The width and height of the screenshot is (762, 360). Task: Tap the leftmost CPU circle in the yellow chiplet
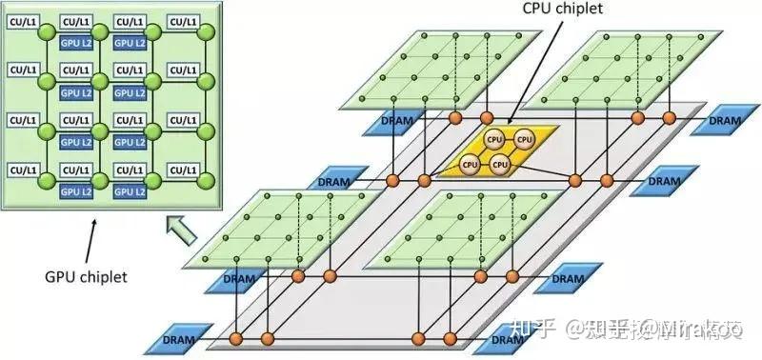point(469,164)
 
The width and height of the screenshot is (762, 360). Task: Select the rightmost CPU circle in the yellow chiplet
point(523,140)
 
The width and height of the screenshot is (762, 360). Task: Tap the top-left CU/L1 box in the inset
point(23,21)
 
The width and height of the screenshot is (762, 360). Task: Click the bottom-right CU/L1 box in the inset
point(184,170)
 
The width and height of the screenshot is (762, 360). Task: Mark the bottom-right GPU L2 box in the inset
point(129,191)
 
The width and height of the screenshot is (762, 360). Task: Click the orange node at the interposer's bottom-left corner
point(236,338)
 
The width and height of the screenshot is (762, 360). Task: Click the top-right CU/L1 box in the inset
point(184,21)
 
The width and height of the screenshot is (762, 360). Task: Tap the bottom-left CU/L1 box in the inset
point(23,170)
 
